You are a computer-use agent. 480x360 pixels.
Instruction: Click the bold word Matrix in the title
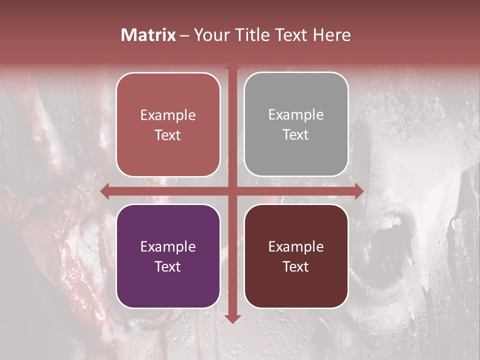click(x=148, y=35)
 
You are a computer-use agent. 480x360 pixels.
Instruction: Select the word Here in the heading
click(x=331, y=35)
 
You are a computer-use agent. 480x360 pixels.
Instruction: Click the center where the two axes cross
click(x=232, y=190)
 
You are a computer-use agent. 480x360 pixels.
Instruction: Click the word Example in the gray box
click(x=296, y=115)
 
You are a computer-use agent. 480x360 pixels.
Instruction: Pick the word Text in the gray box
click(x=296, y=134)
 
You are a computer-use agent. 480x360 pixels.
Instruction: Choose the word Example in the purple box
click(x=168, y=246)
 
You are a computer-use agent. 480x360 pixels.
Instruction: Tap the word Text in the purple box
click(x=168, y=266)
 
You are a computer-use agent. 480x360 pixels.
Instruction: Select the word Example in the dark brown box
click(x=296, y=246)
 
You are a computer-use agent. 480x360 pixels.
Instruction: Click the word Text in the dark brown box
click(x=296, y=266)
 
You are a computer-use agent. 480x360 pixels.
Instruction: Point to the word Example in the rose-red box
click(x=168, y=115)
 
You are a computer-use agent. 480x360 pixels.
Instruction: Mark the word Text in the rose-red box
click(x=168, y=135)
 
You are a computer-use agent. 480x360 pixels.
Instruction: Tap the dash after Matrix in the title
click(x=184, y=35)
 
